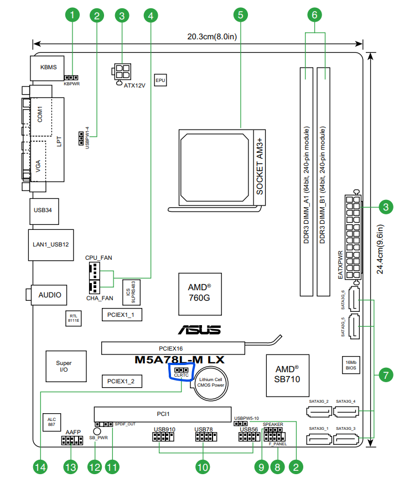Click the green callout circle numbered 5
[x=240, y=16]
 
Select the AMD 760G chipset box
[x=199, y=293]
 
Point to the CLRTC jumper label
[x=182, y=376]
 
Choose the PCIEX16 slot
[x=173, y=348]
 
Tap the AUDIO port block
[x=49, y=295]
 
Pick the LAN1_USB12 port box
[x=50, y=244]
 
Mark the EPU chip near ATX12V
[x=160, y=80]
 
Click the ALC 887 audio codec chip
[x=50, y=422]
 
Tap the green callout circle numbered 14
[x=39, y=467]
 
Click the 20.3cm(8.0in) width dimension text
[x=212, y=37]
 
